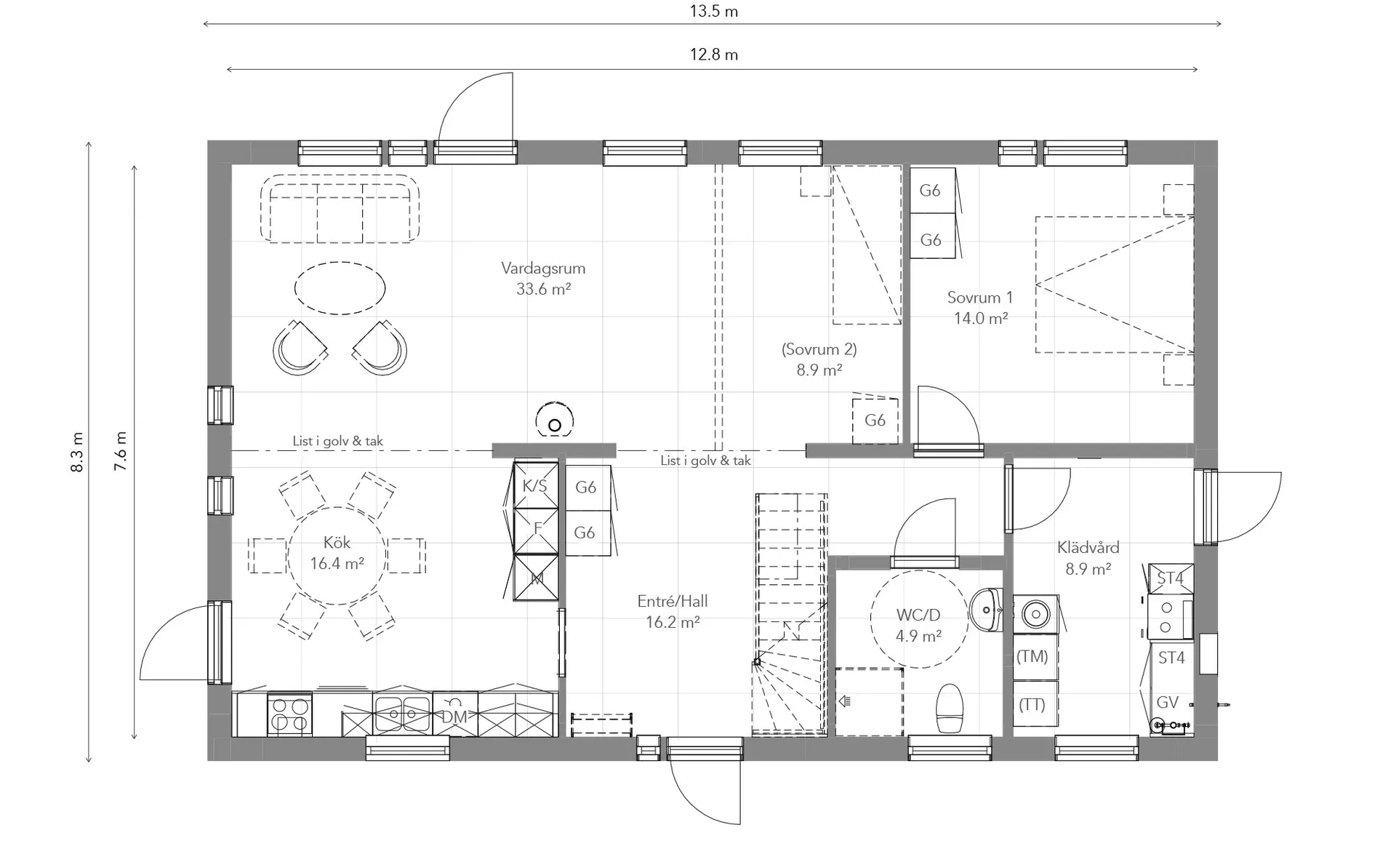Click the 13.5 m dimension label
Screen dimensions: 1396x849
pyautogui.click(x=714, y=12)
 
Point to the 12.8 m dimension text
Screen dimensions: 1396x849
pyautogui.click(x=714, y=55)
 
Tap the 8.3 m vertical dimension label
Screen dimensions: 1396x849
pyautogui.click(x=77, y=452)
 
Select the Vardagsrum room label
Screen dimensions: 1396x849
pyautogui.click(x=543, y=268)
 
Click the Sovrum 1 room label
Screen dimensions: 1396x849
pyautogui.click(x=980, y=298)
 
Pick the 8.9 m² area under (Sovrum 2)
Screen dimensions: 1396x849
pyautogui.click(x=819, y=370)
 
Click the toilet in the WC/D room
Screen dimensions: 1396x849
pyautogui.click(x=950, y=707)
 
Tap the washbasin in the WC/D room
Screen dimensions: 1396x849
pyautogui.click(x=986, y=610)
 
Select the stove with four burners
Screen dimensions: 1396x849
pyautogui.click(x=290, y=714)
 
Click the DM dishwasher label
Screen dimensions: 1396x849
pyautogui.click(x=454, y=717)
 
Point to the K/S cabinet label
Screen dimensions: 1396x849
pyautogui.click(x=535, y=486)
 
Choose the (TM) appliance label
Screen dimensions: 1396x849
pyautogui.click(x=1032, y=656)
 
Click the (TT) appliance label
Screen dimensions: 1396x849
pyautogui.click(x=1032, y=704)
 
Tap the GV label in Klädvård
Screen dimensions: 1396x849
pyautogui.click(x=1168, y=702)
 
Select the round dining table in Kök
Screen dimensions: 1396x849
pyautogui.click(x=337, y=556)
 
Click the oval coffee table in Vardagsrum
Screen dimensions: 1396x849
pyautogui.click(x=340, y=288)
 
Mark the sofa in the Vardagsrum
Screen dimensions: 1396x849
pyautogui.click(x=340, y=209)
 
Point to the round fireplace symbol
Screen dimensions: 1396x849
pyautogui.click(x=555, y=420)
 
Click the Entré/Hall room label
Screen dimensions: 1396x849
pyautogui.click(x=673, y=602)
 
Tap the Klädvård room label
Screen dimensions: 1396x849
pyautogui.click(x=1088, y=547)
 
